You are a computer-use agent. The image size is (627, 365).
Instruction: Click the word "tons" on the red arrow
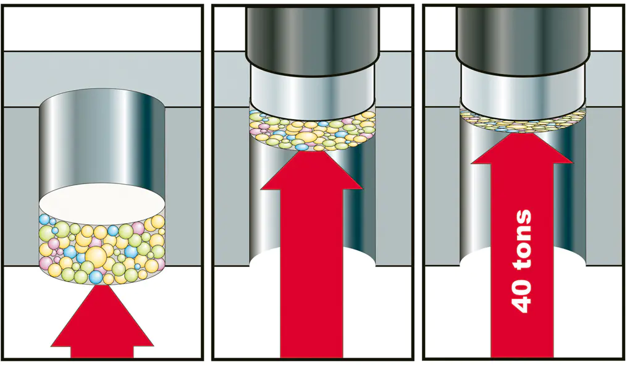coord(522,240)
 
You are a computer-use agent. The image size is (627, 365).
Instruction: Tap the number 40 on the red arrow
coord(522,295)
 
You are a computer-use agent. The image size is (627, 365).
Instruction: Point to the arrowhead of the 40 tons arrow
coord(521,148)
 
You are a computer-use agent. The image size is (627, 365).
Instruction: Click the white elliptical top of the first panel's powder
coord(102,204)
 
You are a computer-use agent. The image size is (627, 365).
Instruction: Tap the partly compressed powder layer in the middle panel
coord(313,130)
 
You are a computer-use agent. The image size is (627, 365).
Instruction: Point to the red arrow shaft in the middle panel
coord(311,273)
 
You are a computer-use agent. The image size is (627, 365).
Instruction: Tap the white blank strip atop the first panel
coord(103,28)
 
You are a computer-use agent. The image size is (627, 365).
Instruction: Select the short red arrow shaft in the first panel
coord(102,352)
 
